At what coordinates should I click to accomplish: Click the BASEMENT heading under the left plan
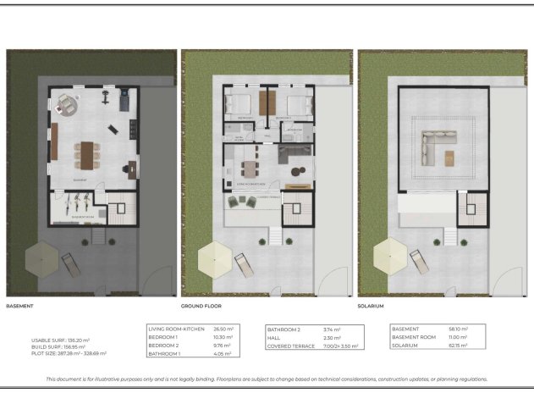19,305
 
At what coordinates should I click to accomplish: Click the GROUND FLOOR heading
201,305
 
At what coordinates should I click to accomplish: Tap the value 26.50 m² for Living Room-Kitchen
223,329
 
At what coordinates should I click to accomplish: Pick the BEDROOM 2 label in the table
162,346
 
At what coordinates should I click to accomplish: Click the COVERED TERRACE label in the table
289,346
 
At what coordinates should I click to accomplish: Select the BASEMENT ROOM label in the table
412,337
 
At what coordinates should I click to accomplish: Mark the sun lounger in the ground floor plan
244,264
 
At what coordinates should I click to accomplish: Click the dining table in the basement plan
85,153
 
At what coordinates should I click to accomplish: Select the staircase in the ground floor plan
296,208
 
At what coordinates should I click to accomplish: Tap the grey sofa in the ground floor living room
294,152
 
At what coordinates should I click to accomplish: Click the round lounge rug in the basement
69,106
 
